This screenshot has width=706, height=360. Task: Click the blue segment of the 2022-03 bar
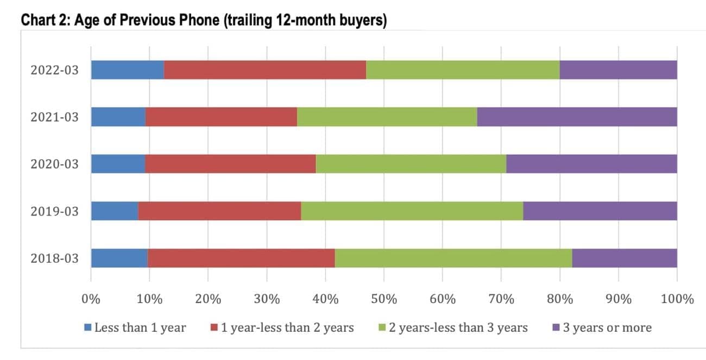click(128, 70)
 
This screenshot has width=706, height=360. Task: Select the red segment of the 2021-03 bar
click(221, 117)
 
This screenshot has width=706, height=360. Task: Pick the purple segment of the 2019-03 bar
click(600, 211)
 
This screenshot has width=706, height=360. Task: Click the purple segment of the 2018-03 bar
click(625, 258)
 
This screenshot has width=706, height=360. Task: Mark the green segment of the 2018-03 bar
click(453, 258)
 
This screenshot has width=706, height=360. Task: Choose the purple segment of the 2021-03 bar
click(577, 117)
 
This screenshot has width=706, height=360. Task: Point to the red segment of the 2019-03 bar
click(219, 211)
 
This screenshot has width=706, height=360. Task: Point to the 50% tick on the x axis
click(384, 299)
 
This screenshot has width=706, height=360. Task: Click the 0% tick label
click(91, 299)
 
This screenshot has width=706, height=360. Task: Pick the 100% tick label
click(677, 299)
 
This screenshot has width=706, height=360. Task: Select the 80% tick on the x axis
click(560, 299)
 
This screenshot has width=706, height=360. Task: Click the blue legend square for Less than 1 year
click(88, 328)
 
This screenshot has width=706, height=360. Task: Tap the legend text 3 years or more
click(607, 327)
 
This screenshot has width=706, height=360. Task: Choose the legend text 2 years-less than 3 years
click(458, 327)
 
